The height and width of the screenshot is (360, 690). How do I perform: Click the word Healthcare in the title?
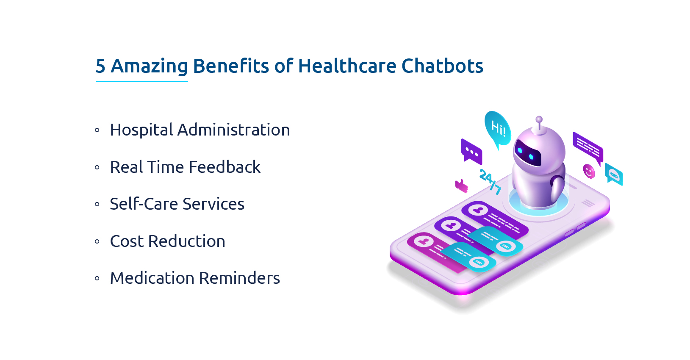pos(347,66)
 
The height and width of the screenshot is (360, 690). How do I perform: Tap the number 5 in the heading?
pos(100,66)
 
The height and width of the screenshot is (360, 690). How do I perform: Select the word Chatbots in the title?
pos(442,66)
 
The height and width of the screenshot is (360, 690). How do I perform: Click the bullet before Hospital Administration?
pos(97,130)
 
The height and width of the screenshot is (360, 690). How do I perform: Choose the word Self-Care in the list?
pos(143,204)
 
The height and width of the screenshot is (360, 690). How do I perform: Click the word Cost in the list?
pos(127,241)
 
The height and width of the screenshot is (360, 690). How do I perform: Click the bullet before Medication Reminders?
pos(97,278)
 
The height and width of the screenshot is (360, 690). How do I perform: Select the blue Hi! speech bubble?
pos(497,128)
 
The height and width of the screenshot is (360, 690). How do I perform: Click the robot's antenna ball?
pos(539,119)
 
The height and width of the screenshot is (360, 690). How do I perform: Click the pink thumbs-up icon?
pos(461,186)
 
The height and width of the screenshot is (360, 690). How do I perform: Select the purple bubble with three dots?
pos(471,151)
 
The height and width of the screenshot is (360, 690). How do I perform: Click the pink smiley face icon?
pos(589,171)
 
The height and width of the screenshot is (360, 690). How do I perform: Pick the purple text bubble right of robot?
pos(588,147)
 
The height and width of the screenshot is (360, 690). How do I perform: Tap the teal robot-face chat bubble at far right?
pos(614,174)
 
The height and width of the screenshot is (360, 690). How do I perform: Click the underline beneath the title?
pos(142,81)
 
